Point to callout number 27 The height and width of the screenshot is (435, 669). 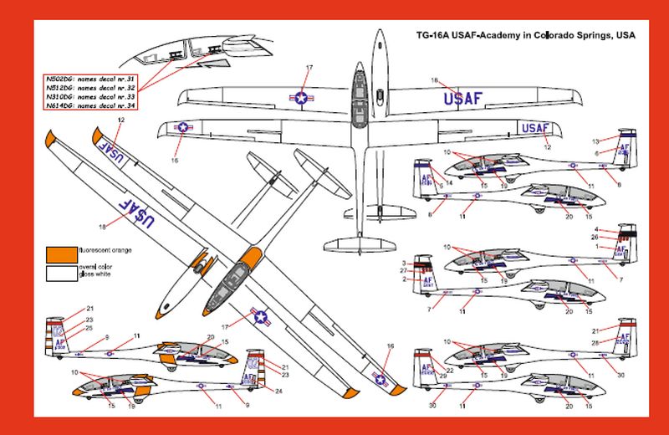(x=403, y=270)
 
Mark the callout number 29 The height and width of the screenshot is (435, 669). (x=443, y=376)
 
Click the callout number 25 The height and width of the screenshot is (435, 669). (x=89, y=327)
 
